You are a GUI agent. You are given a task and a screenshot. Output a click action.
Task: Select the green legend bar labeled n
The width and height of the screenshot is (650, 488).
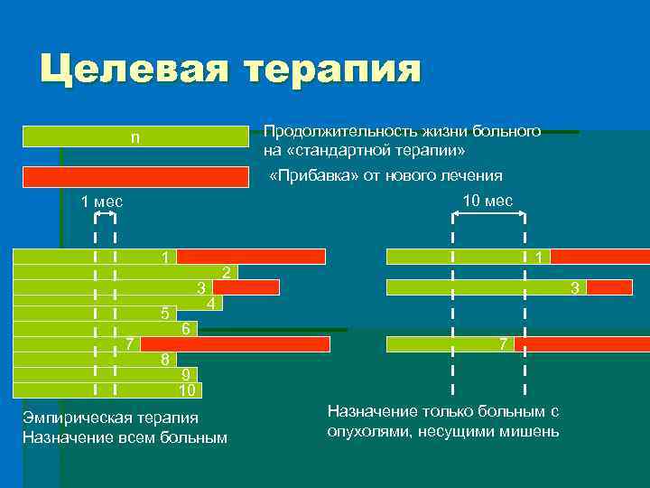click(x=135, y=136)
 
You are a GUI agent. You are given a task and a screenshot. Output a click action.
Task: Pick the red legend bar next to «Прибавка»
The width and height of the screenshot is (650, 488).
click(x=135, y=177)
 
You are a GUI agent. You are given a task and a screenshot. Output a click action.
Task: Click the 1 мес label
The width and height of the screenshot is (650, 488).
click(x=102, y=201)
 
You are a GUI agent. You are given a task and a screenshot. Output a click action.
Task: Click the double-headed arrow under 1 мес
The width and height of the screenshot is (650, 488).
click(x=105, y=215)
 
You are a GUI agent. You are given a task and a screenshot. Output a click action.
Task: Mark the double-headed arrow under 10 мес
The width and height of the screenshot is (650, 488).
click(x=488, y=215)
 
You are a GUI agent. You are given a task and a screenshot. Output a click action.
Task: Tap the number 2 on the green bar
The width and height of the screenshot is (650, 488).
click(x=227, y=272)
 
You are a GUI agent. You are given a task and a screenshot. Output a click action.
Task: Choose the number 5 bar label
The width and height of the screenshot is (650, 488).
click(x=164, y=314)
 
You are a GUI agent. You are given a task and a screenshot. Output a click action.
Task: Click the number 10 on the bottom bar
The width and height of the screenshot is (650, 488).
click(x=187, y=390)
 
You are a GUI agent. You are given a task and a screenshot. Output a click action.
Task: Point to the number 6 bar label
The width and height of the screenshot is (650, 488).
click(x=185, y=329)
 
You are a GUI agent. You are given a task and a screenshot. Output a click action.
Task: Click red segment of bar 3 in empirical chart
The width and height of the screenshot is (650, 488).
click(x=246, y=287)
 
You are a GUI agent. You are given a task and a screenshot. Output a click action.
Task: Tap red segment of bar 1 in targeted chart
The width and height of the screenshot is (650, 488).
click(x=599, y=257)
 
